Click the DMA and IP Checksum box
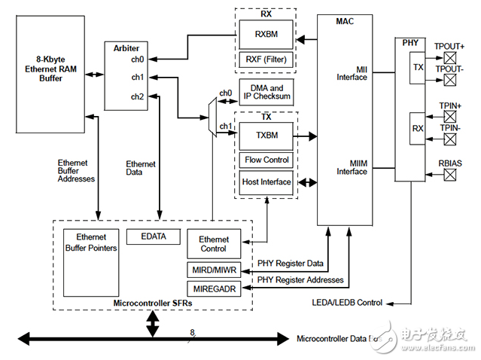[266, 93]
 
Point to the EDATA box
[154, 236]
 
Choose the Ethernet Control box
[214, 244]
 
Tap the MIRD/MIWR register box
[214, 270]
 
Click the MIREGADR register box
[214, 288]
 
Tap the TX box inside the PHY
[418, 68]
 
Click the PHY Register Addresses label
[300, 280]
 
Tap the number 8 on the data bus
[192, 331]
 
